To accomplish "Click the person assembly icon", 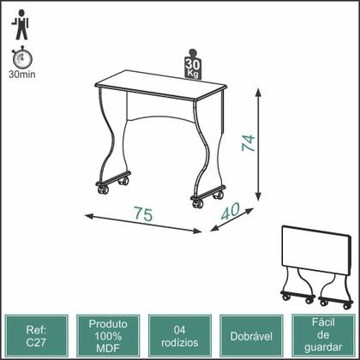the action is pyautogui.click(x=20, y=25).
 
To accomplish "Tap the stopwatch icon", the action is pyautogui.click(x=21, y=57).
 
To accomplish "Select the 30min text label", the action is pyautogui.click(x=22, y=75).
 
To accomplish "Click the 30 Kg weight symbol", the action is pyautogui.click(x=193, y=64).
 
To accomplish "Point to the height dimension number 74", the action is pyautogui.click(x=248, y=142).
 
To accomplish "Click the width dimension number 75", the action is pyautogui.click(x=143, y=214).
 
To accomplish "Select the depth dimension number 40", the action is pyautogui.click(x=231, y=211).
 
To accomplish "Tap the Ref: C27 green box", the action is pyautogui.click(x=36, y=336).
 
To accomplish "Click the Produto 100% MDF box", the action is pyautogui.click(x=108, y=336).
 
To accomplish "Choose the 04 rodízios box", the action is pyautogui.click(x=180, y=336).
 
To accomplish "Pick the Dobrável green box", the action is pyautogui.click(x=251, y=336).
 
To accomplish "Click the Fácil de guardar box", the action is pyautogui.click(x=323, y=336).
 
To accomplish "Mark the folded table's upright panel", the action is pyautogui.click(x=315, y=250).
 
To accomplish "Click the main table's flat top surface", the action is pyautogui.click(x=161, y=85).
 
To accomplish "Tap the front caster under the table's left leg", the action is pyautogui.click(x=103, y=189).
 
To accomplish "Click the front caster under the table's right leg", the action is pyautogui.click(x=198, y=203).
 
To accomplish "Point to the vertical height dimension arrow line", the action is pyautogui.click(x=258, y=145).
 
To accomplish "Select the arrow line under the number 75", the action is pyautogui.click(x=143, y=224).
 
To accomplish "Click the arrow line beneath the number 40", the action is pyautogui.click(x=232, y=219).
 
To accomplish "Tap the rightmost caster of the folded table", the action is pyautogui.click(x=347, y=306).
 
